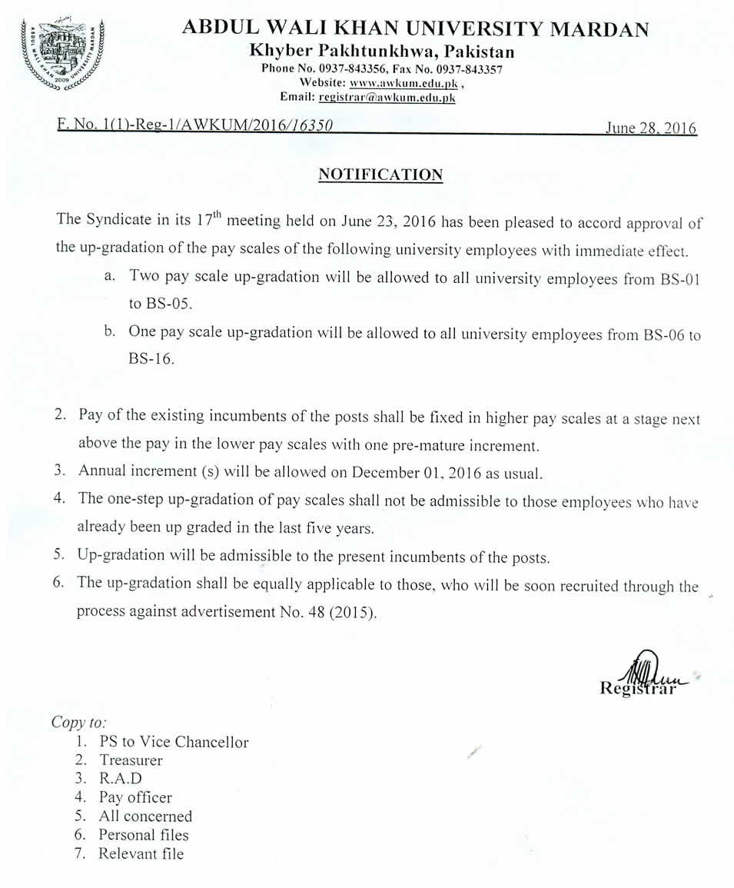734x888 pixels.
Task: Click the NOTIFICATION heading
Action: (380, 175)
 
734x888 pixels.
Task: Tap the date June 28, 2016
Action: (650, 128)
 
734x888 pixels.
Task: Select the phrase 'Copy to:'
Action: (78, 723)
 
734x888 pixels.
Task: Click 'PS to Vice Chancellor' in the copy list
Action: (174, 742)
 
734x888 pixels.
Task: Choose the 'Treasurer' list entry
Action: (131, 760)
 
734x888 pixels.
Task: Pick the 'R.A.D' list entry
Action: (121, 779)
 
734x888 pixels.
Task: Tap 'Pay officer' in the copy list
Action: (135, 797)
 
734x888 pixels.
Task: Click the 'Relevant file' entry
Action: (141, 853)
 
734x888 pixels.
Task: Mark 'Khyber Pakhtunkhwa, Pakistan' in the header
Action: (383, 52)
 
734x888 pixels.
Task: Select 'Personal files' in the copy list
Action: (143, 835)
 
